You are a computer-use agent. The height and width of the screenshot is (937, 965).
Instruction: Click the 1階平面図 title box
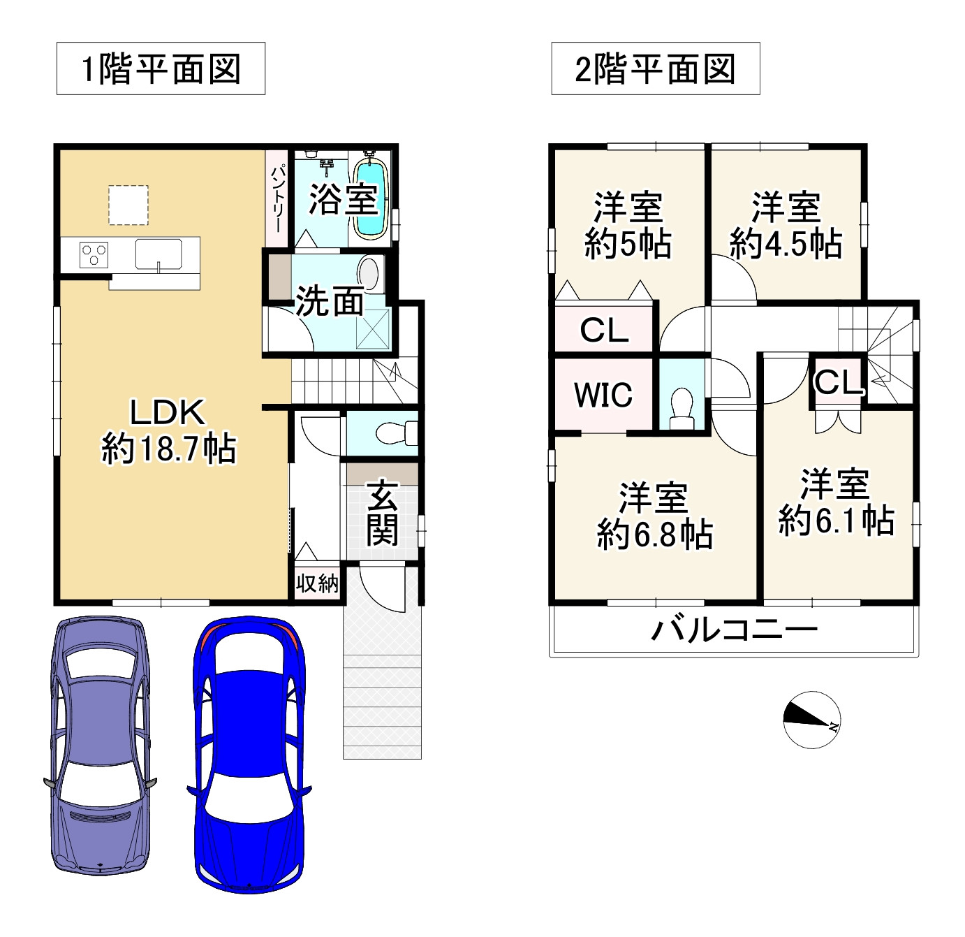click(x=161, y=68)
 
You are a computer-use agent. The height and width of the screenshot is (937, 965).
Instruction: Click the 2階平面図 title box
click(x=655, y=68)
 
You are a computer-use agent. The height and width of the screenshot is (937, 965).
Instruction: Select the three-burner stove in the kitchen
click(x=94, y=254)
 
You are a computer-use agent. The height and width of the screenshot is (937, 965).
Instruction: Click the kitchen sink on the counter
click(x=159, y=253)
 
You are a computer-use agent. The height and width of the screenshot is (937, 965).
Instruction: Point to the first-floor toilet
click(x=396, y=434)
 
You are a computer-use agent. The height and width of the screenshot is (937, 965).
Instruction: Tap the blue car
click(x=249, y=755)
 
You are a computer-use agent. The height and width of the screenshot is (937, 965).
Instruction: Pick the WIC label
click(x=603, y=395)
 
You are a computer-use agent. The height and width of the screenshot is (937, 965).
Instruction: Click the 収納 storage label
click(x=317, y=583)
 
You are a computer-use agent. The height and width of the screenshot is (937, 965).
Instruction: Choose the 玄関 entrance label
click(x=383, y=513)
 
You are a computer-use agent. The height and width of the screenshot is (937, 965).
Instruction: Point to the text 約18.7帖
click(x=169, y=449)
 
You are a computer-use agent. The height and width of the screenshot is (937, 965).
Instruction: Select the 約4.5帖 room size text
click(x=786, y=244)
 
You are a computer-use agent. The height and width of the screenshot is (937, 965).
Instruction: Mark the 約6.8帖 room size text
click(x=654, y=535)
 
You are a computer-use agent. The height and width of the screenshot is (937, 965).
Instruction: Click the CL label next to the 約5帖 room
click(x=604, y=330)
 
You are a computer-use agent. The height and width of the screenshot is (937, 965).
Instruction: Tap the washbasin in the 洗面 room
click(x=369, y=275)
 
